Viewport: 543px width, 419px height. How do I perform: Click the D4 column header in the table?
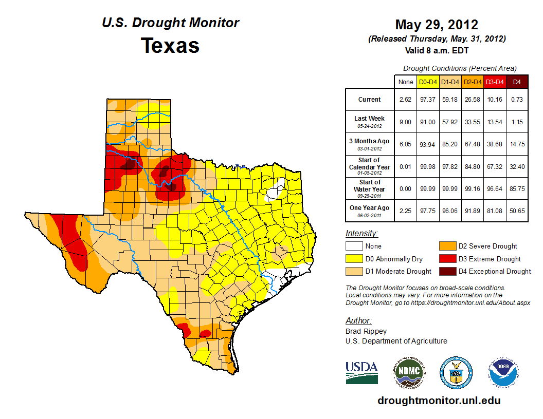[x=517, y=82]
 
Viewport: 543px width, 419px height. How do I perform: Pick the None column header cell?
[x=405, y=82]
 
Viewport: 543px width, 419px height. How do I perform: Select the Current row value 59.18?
[x=450, y=100]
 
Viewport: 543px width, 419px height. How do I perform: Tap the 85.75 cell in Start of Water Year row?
[x=517, y=188]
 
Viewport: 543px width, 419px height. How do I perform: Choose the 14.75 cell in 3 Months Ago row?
[x=517, y=144]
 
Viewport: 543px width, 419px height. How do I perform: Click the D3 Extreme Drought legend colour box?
[x=446, y=259]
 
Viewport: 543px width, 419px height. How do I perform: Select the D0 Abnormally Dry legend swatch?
[x=354, y=259]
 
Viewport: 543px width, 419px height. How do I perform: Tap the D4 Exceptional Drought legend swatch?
[x=446, y=271]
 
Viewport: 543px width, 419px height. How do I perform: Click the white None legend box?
[x=354, y=246]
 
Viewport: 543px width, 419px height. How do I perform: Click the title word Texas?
[x=170, y=45]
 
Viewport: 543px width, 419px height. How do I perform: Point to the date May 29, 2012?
[x=437, y=25]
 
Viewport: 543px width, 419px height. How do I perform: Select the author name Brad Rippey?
[x=366, y=331]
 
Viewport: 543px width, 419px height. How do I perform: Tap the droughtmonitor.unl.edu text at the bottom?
[x=439, y=401]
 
